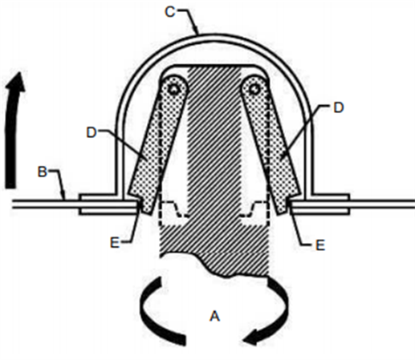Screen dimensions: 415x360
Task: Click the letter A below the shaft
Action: (x=214, y=316)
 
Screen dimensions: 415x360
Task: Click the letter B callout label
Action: (x=43, y=172)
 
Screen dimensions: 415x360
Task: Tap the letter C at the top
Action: (x=170, y=12)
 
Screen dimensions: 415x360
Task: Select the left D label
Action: (x=92, y=132)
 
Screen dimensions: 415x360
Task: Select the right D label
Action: (x=338, y=107)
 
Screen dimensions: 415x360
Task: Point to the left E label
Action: (x=115, y=243)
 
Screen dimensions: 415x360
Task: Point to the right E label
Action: (x=320, y=245)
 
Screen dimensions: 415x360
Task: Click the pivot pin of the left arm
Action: (x=174, y=89)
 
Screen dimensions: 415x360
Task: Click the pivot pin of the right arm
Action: (x=253, y=89)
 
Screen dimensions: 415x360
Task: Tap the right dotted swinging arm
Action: (x=271, y=144)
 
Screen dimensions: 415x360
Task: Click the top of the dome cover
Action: (x=214, y=35)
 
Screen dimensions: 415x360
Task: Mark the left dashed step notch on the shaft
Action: (x=174, y=209)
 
